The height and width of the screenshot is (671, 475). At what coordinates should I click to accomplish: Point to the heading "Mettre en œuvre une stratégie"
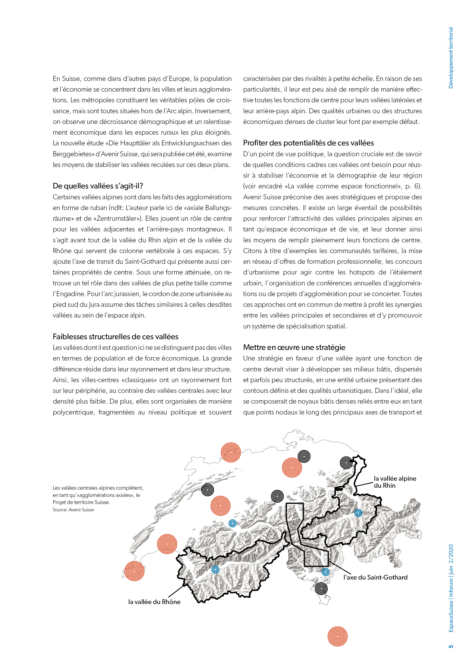(x=294, y=348)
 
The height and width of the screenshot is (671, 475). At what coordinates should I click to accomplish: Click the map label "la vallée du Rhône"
(x=154, y=602)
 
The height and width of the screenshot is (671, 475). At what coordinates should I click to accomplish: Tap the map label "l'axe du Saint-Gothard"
(x=375, y=577)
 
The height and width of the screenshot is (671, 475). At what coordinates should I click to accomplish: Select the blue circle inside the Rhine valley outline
(x=358, y=513)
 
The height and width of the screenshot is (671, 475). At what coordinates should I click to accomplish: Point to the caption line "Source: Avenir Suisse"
(x=73, y=510)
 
